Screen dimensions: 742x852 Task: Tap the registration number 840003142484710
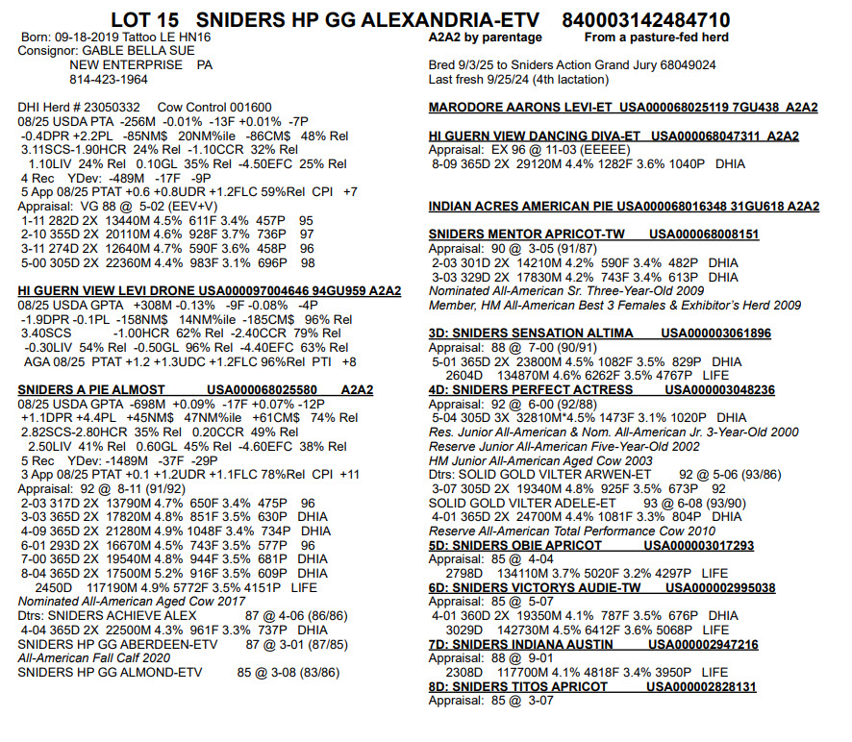click(x=645, y=20)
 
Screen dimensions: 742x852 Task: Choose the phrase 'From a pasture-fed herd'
click(x=656, y=37)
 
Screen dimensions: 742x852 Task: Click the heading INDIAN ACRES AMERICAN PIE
click(x=520, y=207)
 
